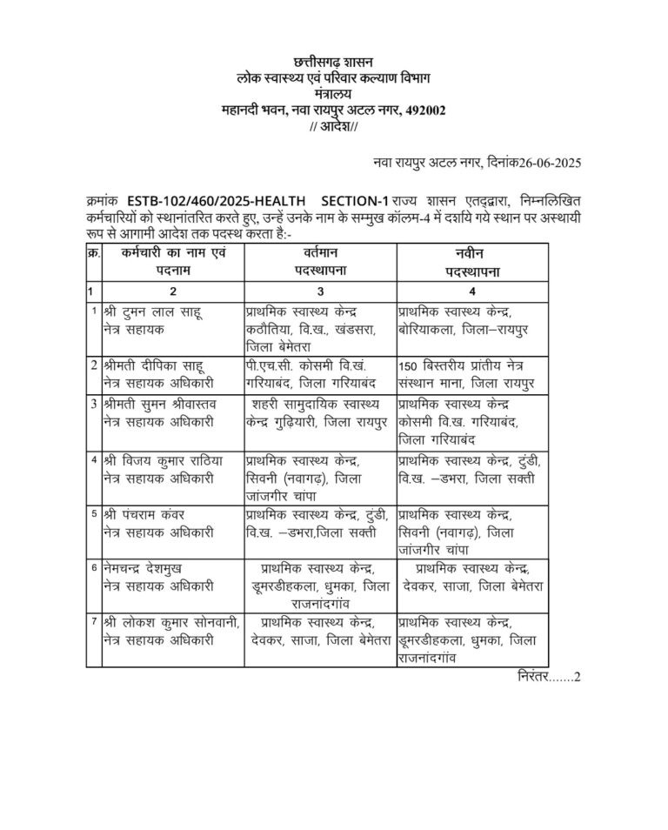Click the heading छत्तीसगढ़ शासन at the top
(x=333, y=63)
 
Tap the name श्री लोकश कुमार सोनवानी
(x=170, y=622)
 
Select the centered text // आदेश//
(x=333, y=127)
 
